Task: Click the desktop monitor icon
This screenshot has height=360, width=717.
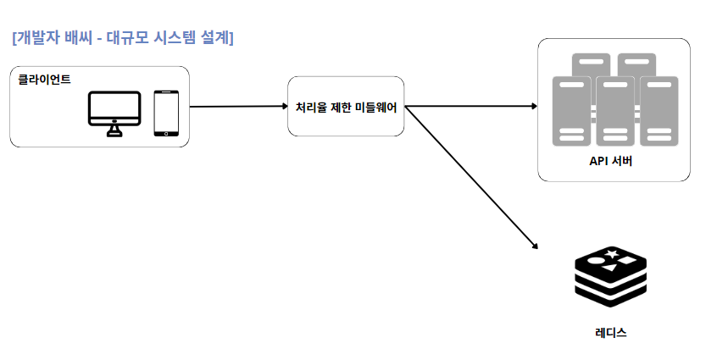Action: click(x=115, y=112)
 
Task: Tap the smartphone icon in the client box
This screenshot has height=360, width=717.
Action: click(x=166, y=113)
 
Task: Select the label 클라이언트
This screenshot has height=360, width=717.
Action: click(x=44, y=80)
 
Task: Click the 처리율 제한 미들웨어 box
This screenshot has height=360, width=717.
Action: click(x=346, y=107)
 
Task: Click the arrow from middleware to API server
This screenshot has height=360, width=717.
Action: click(x=470, y=107)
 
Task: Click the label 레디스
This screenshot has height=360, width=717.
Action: click(x=611, y=333)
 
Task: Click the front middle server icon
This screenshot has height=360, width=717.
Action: click(x=615, y=111)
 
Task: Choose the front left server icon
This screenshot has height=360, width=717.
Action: click(x=572, y=111)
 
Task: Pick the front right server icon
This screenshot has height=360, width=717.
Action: click(x=659, y=111)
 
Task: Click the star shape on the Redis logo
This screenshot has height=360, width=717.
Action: click(x=611, y=253)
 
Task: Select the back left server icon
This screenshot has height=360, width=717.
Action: click(x=592, y=64)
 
